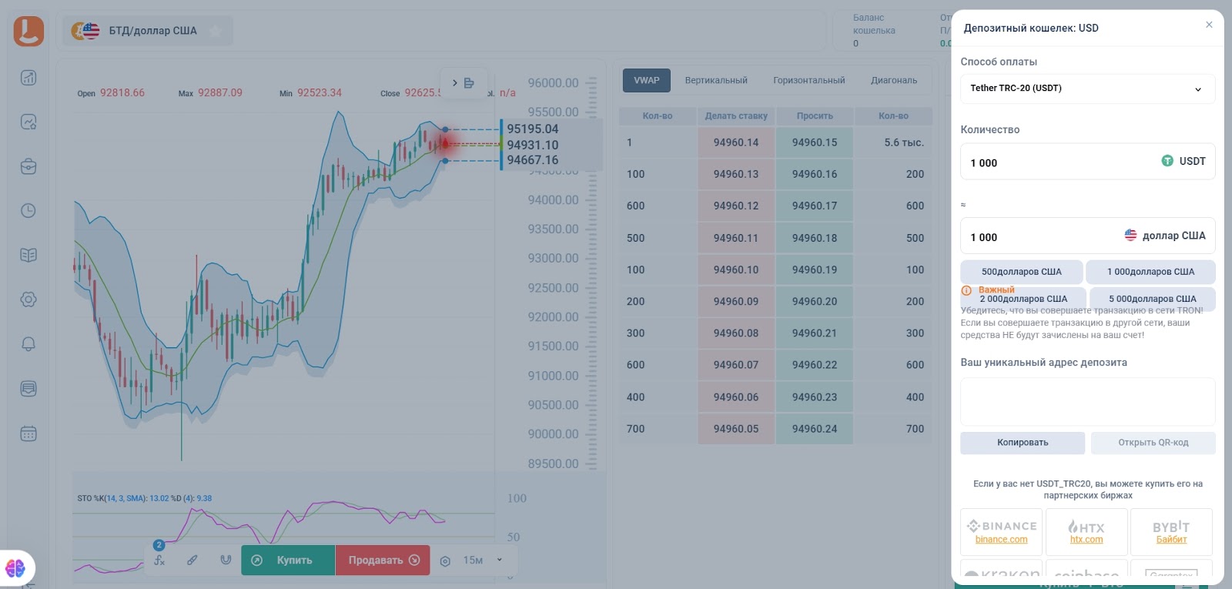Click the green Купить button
288,560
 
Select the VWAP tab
646,80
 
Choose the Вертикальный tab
715,80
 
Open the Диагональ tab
893,80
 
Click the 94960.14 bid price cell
735,142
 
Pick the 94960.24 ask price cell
814,429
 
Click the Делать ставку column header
735,116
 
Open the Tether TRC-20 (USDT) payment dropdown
1086,89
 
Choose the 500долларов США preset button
1021,272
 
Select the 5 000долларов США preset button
1152,299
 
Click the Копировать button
1022,443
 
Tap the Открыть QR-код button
1153,443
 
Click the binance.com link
1001,540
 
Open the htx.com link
1086,540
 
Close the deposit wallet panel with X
1209,25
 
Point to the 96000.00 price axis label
553,83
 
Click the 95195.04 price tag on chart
532,129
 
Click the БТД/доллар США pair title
152,31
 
